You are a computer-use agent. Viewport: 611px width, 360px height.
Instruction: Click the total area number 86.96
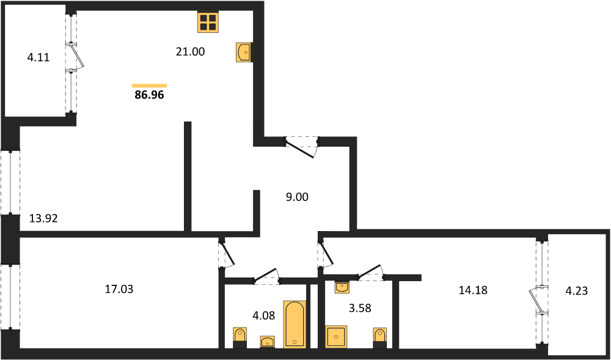click(x=149, y=95)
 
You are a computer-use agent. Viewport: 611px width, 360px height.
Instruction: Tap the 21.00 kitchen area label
click(x=190, y=51)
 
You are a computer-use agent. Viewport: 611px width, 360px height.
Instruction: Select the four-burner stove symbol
click(x=208, y=21)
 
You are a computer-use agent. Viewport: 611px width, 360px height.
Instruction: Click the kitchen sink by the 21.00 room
click(x=244, y=52)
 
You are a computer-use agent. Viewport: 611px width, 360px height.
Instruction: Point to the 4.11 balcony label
click(x=38, y=59)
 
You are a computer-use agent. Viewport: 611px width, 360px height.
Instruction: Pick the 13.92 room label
click(x=43, y=219)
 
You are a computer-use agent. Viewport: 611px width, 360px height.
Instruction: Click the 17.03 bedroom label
click(x=119, y=289)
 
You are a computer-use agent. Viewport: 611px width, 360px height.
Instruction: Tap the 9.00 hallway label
click(x=297, y=197)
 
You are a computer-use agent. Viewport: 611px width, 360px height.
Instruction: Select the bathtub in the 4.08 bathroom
click(x=295, y=324)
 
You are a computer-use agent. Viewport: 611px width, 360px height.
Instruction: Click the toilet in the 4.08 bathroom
click(x=240, y=337)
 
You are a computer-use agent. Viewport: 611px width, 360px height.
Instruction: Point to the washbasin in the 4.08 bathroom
click(x=268, y=342)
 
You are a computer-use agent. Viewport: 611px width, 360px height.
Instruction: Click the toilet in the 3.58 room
click(x=380, y=337)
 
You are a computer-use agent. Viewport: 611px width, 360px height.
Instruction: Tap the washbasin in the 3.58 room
click(x=342, y=288)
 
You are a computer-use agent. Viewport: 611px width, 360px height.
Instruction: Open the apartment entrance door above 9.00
click(x=301, y=147)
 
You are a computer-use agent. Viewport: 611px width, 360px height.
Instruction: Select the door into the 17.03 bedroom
click(x=226, y=254)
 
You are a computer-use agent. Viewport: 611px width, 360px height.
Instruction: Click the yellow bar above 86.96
click(x=149, y=86)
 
